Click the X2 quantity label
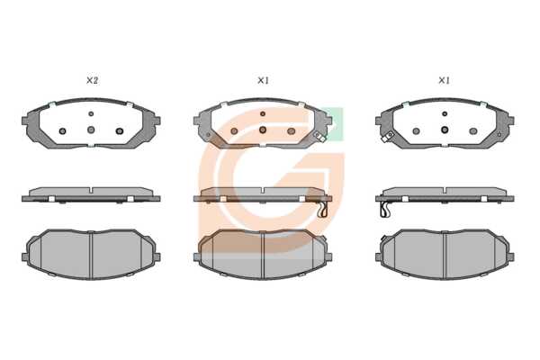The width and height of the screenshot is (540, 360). tap(92, 81)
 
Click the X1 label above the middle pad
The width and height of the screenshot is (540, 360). tap(263, 81)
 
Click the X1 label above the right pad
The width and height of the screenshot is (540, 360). tap(444, 81)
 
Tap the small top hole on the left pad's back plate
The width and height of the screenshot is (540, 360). tap(91, 113)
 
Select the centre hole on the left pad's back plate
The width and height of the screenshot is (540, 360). tap(91, 130)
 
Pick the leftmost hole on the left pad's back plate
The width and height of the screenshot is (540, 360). tap(63, 130)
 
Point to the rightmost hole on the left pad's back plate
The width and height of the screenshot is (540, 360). tap(120, 130)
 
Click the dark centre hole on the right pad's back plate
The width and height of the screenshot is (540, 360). tap(445, 130)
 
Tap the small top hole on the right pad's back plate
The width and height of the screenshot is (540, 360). tap(445, 113)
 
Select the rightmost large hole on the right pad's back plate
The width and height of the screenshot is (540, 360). tap(473, 130)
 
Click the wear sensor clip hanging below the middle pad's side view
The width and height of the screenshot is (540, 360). tap(323, 210)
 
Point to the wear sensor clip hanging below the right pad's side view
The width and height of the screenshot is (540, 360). tap(385, 210)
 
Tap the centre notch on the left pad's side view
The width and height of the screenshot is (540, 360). tap(91, 190)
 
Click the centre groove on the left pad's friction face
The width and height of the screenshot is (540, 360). tap(91, 254)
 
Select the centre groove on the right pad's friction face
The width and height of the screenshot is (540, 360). tap(445, 254)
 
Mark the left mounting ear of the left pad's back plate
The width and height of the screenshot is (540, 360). tap(25, 121)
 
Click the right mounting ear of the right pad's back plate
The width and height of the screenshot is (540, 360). tap(511, 121)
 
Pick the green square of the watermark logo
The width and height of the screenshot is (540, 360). tap(333, 124)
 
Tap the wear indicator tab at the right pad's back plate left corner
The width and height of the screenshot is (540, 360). tap(386, 138)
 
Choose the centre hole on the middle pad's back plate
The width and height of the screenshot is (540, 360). tap(263, 130)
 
